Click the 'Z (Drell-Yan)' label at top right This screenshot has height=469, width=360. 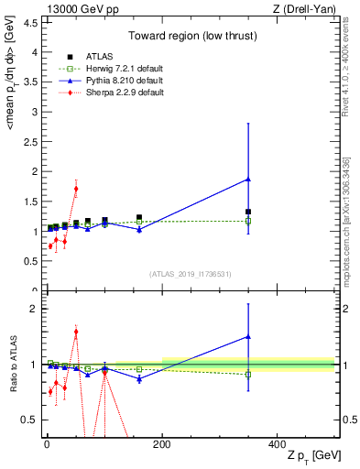click(x=306, y=8)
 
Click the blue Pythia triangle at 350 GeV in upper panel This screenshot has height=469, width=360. click(x=248, y=180)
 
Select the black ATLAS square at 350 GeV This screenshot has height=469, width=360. click(x=248, y=212)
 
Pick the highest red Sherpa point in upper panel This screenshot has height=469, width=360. click(x=76, y=189)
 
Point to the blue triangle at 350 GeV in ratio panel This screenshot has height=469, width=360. click(x=248, y=336)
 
